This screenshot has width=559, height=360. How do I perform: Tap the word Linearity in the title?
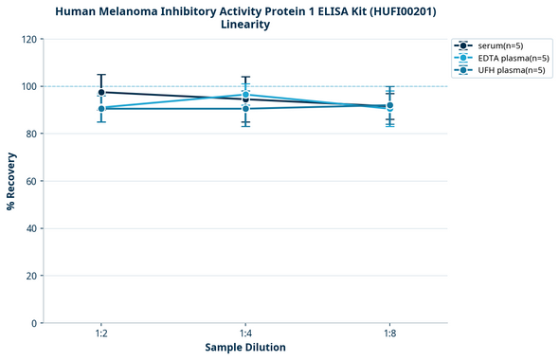(x=245, y=25)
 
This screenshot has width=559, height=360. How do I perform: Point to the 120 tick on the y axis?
(x=27, y=39)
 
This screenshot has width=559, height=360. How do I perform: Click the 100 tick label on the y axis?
(x=27, y=86)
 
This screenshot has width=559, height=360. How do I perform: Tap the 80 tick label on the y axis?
(x=30, y=134)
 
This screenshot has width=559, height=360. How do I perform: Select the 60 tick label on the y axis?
(x=30, y=181)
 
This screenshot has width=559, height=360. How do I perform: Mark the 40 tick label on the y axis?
(x=30, y=228)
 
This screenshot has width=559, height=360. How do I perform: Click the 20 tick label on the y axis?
(x=30, y=276)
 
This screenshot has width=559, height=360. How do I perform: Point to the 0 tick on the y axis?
(x=33, y=323)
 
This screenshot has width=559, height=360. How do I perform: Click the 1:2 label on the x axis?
(x=100, y=334)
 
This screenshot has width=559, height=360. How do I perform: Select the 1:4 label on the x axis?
(x=245, y=334)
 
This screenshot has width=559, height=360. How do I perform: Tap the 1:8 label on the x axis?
(x=390, y=334)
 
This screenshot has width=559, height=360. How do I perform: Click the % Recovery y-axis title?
(x=11, y=181)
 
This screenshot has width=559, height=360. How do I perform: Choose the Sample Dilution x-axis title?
(x=245, y=348)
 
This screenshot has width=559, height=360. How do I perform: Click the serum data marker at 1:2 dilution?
(x=100, y=92)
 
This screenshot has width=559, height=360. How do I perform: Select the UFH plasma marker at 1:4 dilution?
(x=245, y=109)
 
